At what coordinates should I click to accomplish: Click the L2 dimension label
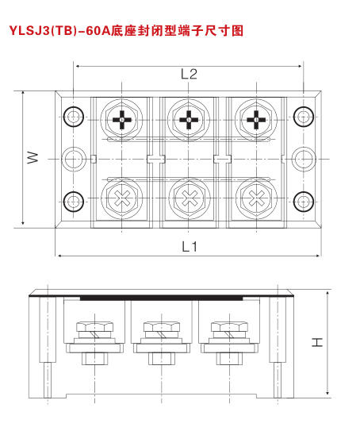click(x=189, y=75)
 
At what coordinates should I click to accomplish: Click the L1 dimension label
click(x=190, y=247)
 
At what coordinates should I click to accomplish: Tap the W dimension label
click(x=33, y=157)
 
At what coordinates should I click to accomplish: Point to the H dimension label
click(x=317, y=342)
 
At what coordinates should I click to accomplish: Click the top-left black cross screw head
click(x=122, y=120)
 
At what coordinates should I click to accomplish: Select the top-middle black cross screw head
click(x=189, y=120)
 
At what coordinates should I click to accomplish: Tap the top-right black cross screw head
click(x=256, y=120)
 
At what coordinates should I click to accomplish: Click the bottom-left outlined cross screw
click(x=122, y=198)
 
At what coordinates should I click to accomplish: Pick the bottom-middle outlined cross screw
click(x=189, y=198)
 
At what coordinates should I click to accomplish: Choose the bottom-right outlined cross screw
click(x=256, y=198)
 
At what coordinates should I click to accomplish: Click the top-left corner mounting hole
click(x=73, y=117)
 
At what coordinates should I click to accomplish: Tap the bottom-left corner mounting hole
click(x=73, y=202)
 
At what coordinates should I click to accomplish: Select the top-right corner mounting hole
click(x=304, y=117)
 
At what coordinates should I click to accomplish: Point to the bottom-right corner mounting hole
click(x=304, y=202)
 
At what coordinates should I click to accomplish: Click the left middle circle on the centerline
click(x=73, y=160)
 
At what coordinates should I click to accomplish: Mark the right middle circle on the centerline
click(x=304, y=160)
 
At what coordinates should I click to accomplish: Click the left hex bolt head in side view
click(x=94, y=326)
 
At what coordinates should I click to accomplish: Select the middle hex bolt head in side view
click(x=162, y=326)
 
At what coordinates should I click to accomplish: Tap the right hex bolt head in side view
click(x=229, y=326)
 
